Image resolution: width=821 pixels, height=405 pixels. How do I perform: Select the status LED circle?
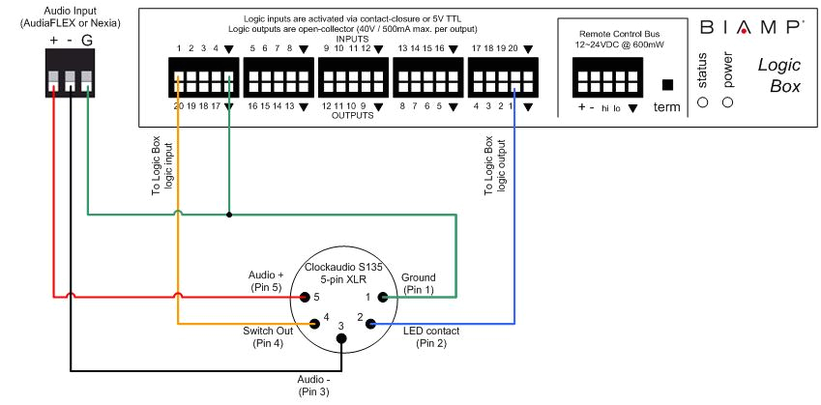pos(703,101)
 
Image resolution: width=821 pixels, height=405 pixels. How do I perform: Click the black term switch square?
pos(667,84)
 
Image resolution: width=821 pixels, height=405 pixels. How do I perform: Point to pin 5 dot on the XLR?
pos(304,297)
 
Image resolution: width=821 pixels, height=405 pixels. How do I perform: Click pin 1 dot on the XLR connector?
pos(382,297)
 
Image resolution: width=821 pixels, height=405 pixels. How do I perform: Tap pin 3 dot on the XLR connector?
pos(341,338)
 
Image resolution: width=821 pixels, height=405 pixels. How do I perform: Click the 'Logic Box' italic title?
pos(779,76)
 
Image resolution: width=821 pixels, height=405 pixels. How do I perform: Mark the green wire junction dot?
pos(228,215)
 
